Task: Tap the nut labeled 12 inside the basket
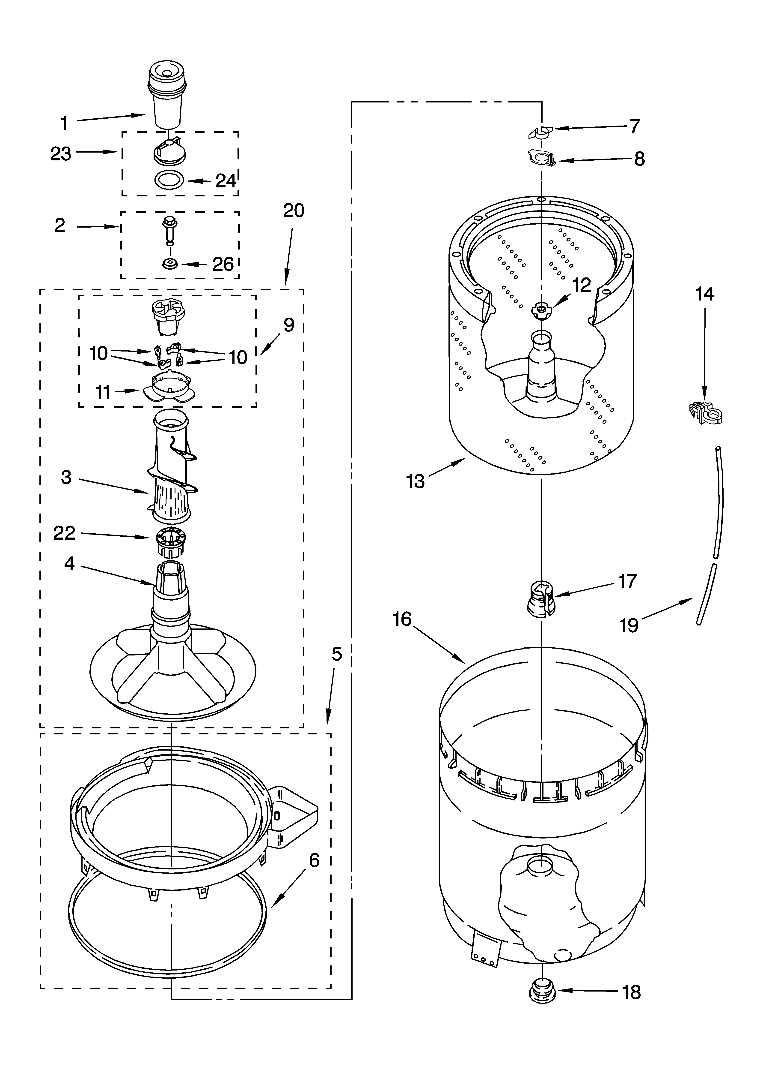click(x=541, y=310)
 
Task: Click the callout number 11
click(x=103, y=392)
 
